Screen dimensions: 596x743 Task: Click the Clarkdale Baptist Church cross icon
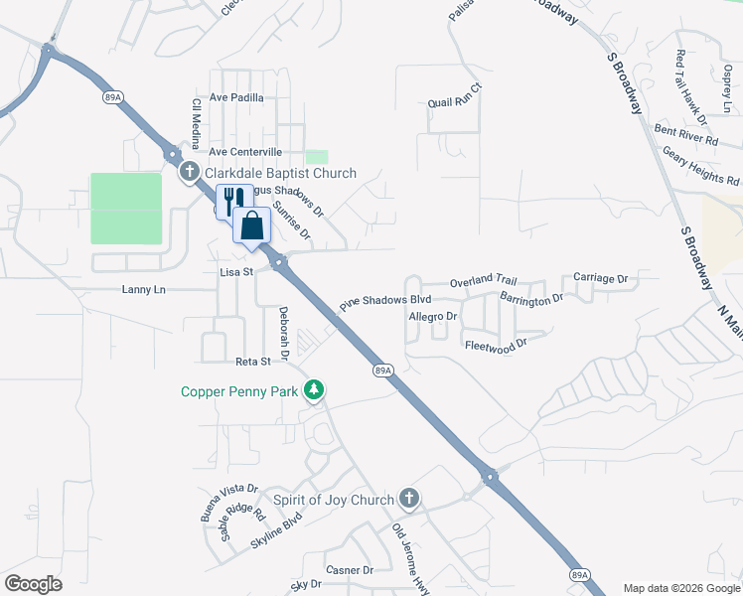[190, 173]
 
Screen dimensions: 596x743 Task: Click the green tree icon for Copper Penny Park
[314, 390]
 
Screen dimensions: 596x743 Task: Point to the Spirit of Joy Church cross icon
[408, 499]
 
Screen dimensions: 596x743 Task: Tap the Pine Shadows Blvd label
[385, 298]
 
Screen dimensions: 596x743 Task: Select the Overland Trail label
[484, 283]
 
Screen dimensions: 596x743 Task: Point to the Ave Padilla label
[236, 97]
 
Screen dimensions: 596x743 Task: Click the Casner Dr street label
[350, 570]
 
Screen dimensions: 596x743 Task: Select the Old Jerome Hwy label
[410, 559]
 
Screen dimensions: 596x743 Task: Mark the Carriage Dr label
[601, 279]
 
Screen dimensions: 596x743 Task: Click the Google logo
[33, 584]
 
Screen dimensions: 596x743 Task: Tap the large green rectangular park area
[126, 208]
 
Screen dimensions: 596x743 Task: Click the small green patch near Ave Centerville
[316, 157]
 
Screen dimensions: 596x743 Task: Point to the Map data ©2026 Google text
[681, 588]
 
